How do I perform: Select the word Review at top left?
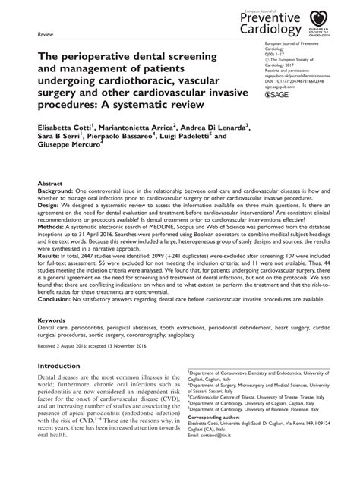tap(46, 34)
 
